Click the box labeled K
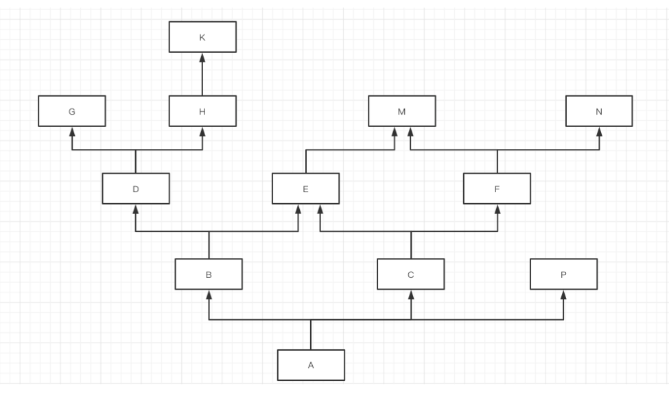click(202, 37)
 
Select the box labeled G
click(71, 111)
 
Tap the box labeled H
click(202, 111)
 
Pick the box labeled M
click(401, 111)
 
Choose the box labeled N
click(599, 111)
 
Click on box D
click(136, 188)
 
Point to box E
click(305, 188)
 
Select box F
click(496, 188)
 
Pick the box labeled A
click(311, 365)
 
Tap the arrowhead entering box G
click(71, 131)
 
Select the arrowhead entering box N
click(599, 131)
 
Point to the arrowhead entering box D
click(136, 209)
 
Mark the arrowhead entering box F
click(496, 209)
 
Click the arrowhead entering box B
click(209, 294)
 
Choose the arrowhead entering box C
click(410, 294)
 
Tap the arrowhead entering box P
click(563, 294)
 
